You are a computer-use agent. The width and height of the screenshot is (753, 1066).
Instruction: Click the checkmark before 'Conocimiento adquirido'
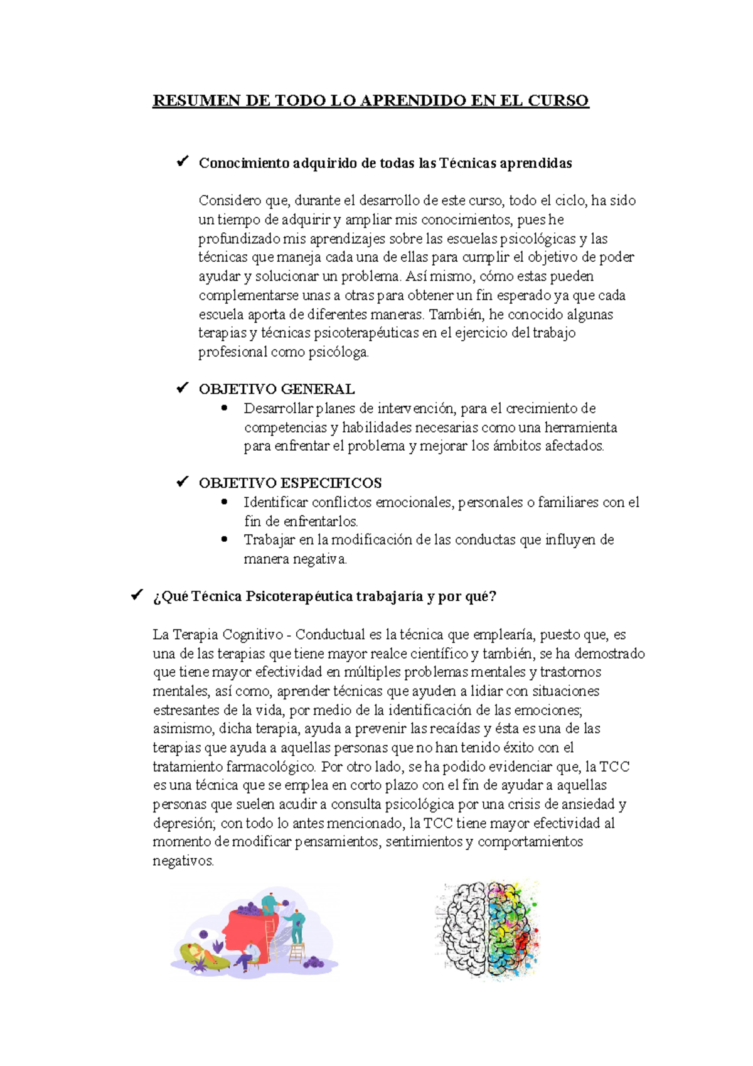pos(183,162)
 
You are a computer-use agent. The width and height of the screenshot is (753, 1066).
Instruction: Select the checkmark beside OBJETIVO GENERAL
pos(183,388)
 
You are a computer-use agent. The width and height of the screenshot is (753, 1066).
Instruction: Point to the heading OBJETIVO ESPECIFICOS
pos(290,483)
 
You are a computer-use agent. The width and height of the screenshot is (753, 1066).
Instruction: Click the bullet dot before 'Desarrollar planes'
pos(225,408)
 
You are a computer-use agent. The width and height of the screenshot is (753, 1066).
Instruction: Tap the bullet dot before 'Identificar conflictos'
pos(225,502)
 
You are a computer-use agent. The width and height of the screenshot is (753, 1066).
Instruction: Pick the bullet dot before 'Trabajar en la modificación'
pos(225,539)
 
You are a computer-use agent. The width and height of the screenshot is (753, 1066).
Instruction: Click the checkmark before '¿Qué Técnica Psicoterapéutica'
pos(137,595)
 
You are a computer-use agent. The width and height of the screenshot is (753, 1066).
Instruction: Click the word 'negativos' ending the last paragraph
pos(183,861)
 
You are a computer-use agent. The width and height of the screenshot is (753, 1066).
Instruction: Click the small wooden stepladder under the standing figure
pos(296,952)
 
